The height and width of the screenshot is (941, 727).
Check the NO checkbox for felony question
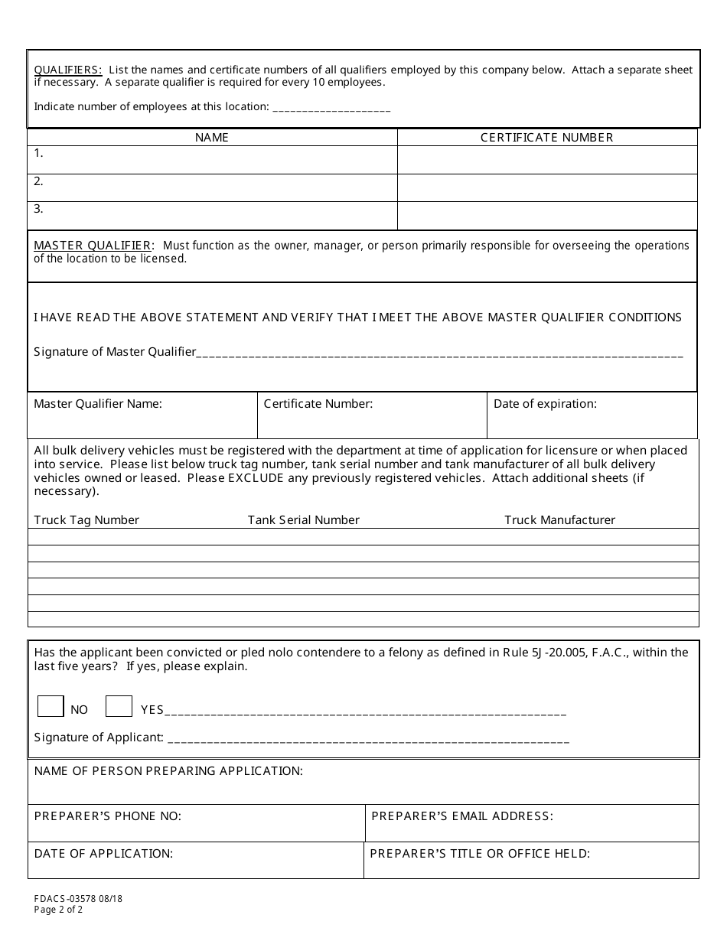click(51, 706)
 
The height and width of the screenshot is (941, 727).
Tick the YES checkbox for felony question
click(119, 706)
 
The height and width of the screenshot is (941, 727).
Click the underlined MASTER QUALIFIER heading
click(93, 246)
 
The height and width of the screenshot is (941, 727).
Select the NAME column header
click(212, 138)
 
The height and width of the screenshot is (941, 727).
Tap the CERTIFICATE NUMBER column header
click(546, 138)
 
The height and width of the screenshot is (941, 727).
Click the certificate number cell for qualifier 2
click(546, 187)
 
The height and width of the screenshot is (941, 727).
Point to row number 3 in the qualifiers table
click(38, 209)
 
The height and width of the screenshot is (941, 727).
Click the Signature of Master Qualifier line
click(439, 353)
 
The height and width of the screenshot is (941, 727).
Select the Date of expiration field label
click(545, 404)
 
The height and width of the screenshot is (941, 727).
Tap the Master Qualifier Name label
click(98, 404)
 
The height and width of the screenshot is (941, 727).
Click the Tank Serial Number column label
click(303, 520)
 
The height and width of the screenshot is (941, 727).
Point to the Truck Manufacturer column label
click(559, 520)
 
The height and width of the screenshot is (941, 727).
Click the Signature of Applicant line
click(367, 739)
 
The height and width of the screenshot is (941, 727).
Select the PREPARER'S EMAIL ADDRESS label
click(461, 816)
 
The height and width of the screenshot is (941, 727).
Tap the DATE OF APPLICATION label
click(103, 854)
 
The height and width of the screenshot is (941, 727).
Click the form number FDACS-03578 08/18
click(78, 899)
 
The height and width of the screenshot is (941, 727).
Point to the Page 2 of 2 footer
click(58, 910)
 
